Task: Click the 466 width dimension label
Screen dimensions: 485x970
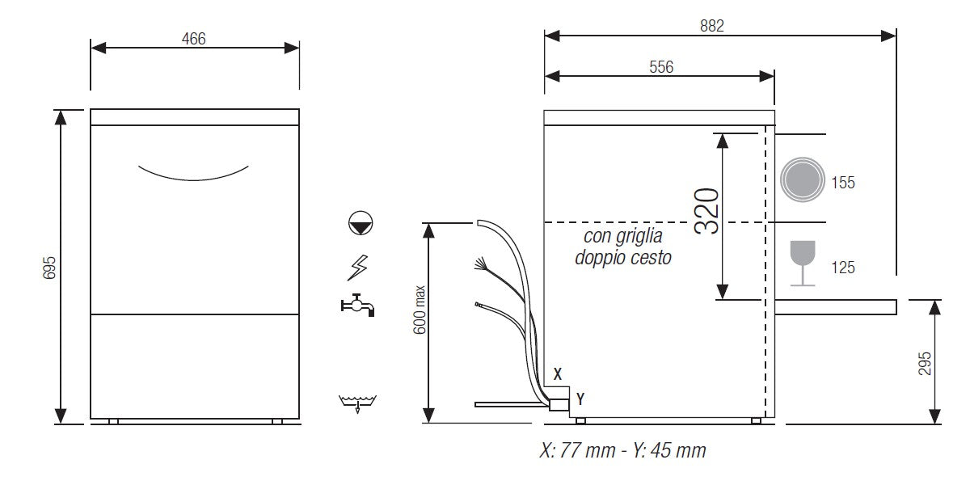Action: (194, 38)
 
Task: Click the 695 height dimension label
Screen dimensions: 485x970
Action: (48, 267)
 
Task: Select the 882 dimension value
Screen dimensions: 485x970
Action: (712, 25)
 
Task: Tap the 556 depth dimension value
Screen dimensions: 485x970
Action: (660, 67)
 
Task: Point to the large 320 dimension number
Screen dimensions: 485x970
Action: (706, 210)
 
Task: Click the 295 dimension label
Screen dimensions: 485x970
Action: (926, 363)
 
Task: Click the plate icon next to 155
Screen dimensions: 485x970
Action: (801, 179)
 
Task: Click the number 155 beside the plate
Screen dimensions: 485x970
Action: (843, 183)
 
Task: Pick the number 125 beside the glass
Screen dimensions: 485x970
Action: (843, 268)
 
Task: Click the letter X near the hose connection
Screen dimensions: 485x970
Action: (558, 374)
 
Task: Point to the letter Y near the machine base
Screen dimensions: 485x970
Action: (580, 399)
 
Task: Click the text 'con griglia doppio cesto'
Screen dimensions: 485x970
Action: (622, 247)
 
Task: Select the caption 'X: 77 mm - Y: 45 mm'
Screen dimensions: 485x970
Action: (622, 450)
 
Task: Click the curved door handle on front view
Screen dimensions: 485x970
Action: (193, 172)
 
